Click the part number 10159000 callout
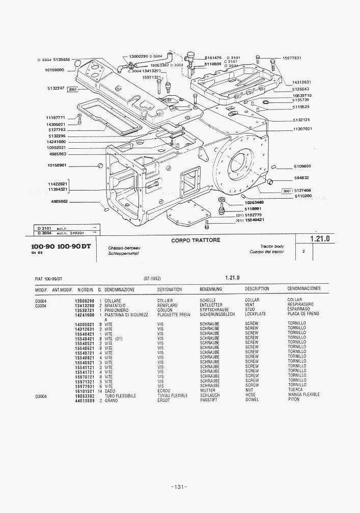[x=54, y=70]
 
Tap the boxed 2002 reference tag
[x=72, y=89]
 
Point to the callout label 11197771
[x=57, y=118]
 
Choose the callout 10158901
[x=58, y=165]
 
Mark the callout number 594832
[x=302, y=178]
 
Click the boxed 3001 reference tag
[x=287, y=191]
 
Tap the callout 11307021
[x=302, y=129]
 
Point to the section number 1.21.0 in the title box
[x=320, y=238]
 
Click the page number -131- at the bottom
[x=180, y=487]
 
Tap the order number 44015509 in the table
[x=85, y=400]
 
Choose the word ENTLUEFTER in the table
[x=211, y=305]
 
